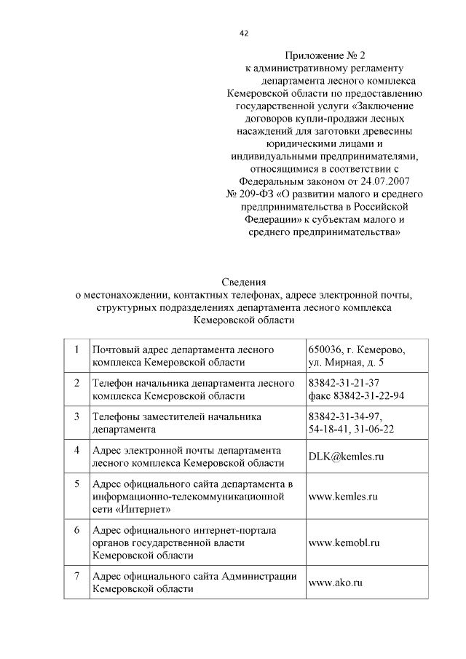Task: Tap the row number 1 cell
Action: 76,350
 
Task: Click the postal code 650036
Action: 328,350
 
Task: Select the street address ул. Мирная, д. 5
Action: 346,363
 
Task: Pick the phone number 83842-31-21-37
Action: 344,384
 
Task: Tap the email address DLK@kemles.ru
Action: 346,457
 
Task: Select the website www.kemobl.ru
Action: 345,542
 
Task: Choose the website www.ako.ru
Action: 336,583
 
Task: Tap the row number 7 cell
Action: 76,577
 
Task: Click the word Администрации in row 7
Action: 261,577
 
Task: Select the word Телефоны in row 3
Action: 115,417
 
